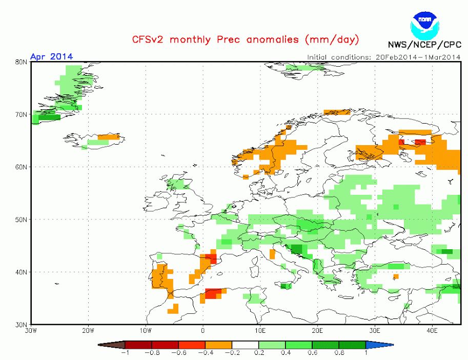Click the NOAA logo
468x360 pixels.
[x=425, y=25]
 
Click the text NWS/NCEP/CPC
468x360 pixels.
[x=424, y=45]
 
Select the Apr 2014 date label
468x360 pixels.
[x=51, y=56]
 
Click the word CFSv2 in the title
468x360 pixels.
[x=148, y=39]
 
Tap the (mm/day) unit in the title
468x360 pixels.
[x=332, y=39]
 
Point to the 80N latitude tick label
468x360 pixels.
[x=21, y=62]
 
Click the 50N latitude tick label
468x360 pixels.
[x=21, y=219]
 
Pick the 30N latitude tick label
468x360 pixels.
[x=21, y=325]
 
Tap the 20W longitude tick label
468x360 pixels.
[x=88, y=330]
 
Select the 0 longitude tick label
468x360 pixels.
[x=203, y=330]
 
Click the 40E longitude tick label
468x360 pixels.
[x=432, y=330]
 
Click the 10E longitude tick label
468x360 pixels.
[x=260, y=330]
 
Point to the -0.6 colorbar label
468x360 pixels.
[x=178, y=352]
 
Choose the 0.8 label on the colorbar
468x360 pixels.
[x=339, y=352]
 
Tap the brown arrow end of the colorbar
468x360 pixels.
[x=112, y=345]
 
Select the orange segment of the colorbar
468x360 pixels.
[x=218, y=345]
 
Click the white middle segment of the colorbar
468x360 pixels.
[x=246, y=345]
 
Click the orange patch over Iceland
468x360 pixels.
[x=109, y=137]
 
